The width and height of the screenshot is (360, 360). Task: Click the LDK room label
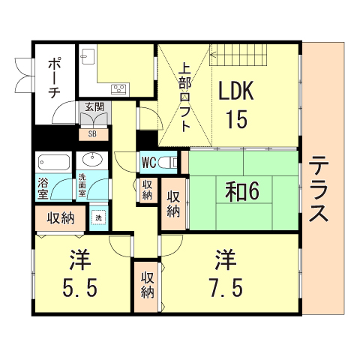click(x=236, y=90)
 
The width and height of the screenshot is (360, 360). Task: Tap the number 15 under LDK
click(x=236, y=119)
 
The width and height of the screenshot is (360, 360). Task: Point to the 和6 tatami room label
click(x=242, y=191)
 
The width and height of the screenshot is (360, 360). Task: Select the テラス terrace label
click(x=318, y=188)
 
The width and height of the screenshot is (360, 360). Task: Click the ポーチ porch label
click(x=54, y=78)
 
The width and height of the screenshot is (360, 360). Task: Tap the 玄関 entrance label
click(x=94, y=106)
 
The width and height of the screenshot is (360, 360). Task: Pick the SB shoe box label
click(x=92, y=133)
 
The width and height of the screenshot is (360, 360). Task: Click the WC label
click(x=149, y=163)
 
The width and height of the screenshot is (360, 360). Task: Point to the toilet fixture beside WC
click(x=168, y=163)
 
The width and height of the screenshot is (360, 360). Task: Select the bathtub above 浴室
click(x=54, y=162)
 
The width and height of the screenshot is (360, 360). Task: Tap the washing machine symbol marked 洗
click(x=99, y=217)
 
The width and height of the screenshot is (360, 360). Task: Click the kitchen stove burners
click(x=119, y=88)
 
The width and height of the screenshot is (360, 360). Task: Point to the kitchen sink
click(x=88, y=56)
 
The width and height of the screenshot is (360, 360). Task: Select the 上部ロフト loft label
click(x=185, y=98)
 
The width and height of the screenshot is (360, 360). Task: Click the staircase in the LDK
click(x=238, y=55)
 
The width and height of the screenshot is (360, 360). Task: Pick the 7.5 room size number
click(x=226, y=287)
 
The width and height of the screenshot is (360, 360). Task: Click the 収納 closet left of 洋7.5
click(x=147, y=286)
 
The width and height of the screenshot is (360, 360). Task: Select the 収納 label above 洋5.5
click(x=61, y=218)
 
